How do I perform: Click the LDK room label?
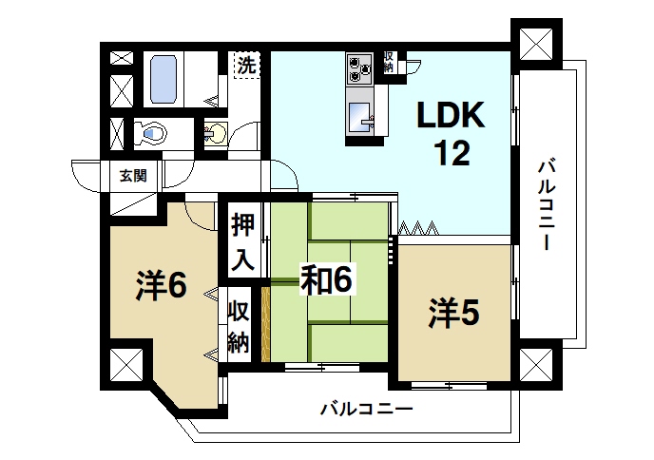(x=452, y=117)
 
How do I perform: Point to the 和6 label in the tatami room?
(x=328, y=279)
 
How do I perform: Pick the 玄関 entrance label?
(x=132, y=175)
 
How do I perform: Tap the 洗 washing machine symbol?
(x=247, y=67)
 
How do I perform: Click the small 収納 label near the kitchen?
(x=388, y=62)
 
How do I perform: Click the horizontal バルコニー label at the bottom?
(x=365, y=410)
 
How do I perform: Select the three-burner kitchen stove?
(x=360, y=67)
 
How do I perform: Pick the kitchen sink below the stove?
(x=360, y=117)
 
